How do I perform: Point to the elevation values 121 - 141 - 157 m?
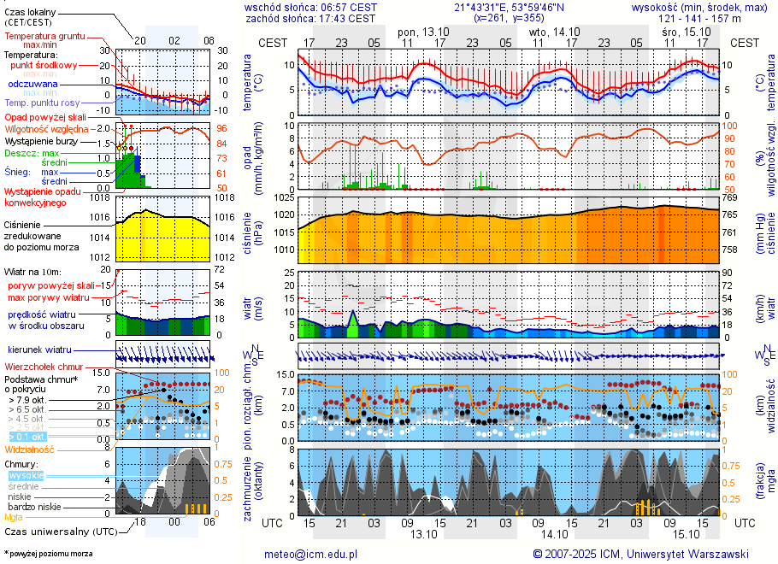pos(700,18)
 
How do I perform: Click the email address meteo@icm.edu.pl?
pos(315,554)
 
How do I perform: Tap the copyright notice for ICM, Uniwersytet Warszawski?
pos(640,554)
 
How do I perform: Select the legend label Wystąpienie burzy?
pos(42,140)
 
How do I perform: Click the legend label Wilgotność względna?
pos(42,128)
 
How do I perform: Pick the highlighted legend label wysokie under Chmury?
pos(26,475)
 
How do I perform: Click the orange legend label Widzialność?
pos(30,449)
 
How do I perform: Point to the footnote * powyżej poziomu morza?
pos(48,554)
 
